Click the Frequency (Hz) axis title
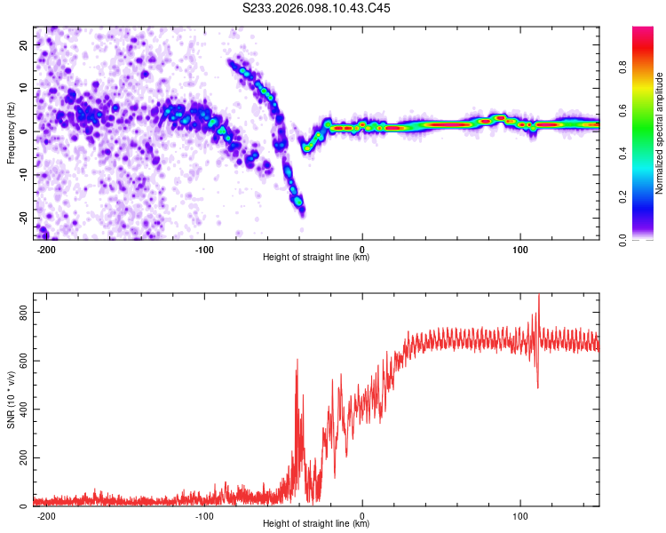(11, 133)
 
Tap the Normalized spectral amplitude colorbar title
(660, 133)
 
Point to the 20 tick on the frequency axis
(24, 44)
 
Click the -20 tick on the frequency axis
(22, 218)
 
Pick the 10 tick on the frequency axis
(24, 88)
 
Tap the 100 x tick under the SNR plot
(520, 514)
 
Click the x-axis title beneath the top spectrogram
(316, 258)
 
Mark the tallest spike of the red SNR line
(538, 297)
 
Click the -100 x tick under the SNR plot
(205, 514)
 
